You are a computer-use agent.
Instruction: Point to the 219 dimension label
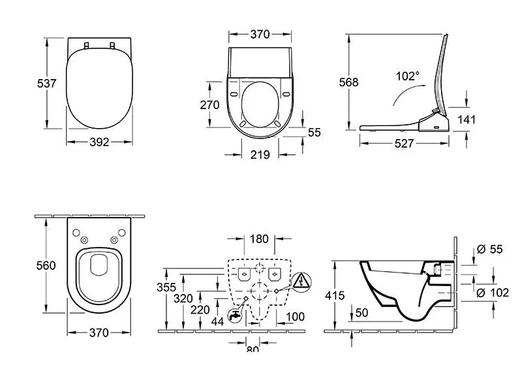[260, 155]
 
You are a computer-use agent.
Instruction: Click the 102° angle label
[407, 76]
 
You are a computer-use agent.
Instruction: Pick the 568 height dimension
[348, 82]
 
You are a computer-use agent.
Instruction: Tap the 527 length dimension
[405, 144]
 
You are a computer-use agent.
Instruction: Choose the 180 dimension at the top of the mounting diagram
[260, 239]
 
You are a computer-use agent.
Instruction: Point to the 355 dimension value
[166, 287]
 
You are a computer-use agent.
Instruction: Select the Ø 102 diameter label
[493, 293]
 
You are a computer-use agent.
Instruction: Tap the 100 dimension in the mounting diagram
[296, 316]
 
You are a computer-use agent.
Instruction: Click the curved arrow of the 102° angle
[403, 93]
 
